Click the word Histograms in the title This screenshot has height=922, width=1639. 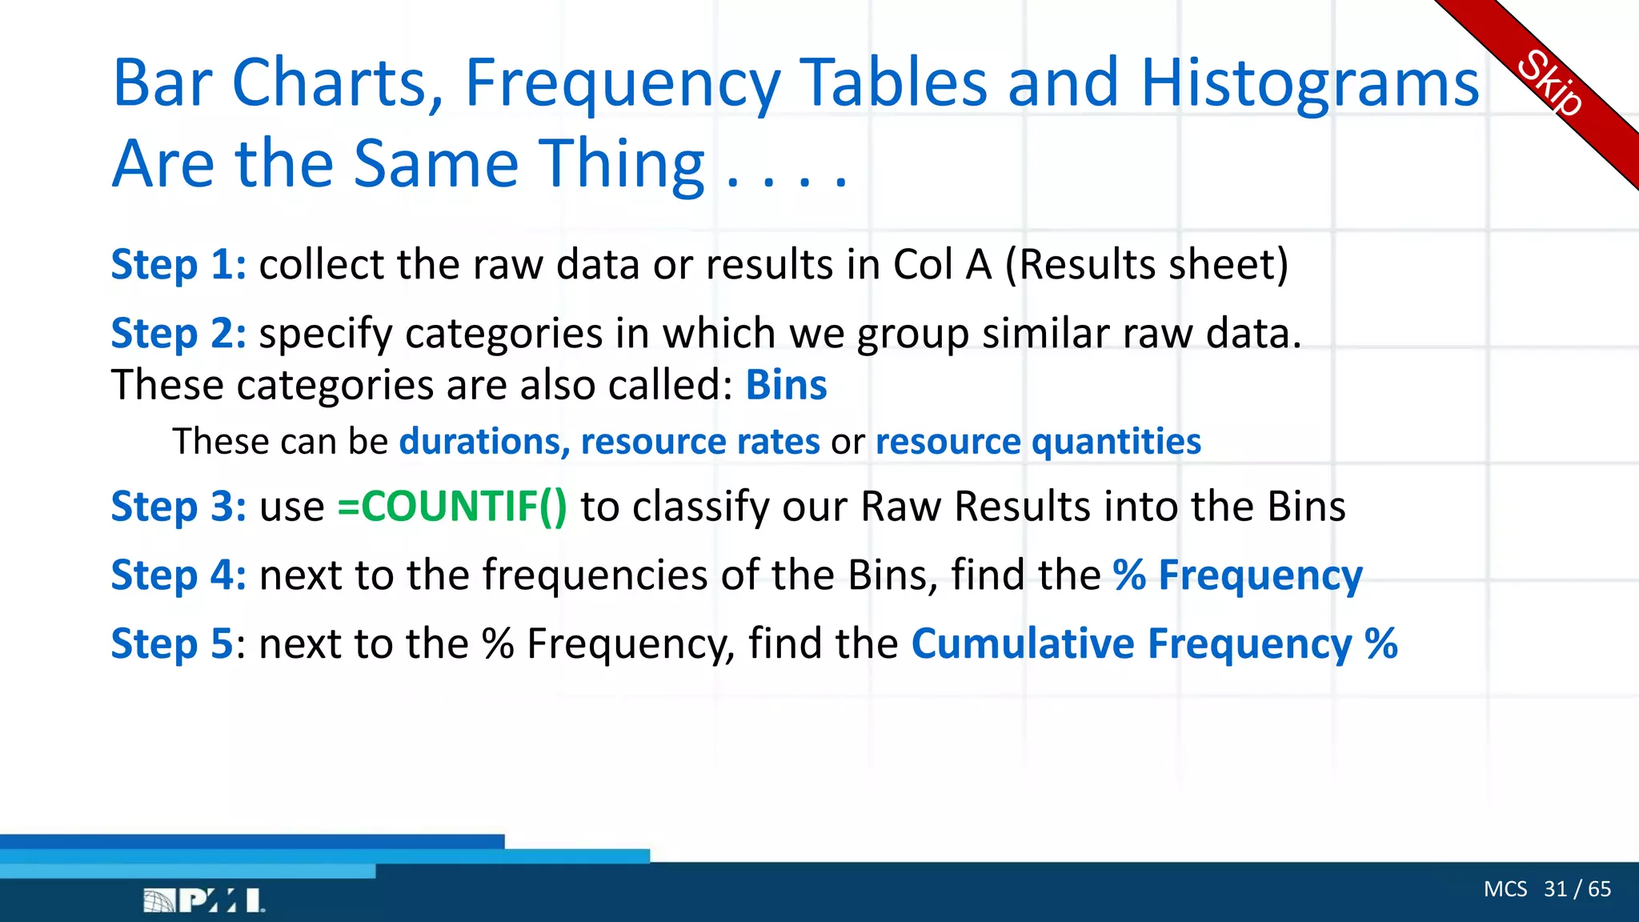[x=1309, y=83]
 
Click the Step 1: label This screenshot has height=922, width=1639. [x=178, y=265]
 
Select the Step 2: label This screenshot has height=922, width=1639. [x=178, y=334]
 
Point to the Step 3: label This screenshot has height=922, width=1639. [x=178, y=507]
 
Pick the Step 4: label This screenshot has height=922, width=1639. [x=178, y=575]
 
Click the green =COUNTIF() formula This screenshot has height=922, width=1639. [x=452, y=507]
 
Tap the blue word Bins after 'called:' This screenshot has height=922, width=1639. [x=786, y=386]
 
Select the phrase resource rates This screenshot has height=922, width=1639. [x=700, y=442]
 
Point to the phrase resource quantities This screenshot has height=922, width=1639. [x=1038, y=442]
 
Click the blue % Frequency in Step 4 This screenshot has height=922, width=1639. [x=1237, y=575]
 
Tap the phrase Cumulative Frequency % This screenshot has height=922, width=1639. [x=1154, y=644]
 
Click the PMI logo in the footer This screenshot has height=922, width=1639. [x=203, y=900]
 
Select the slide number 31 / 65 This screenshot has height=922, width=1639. [x=1577, y=889]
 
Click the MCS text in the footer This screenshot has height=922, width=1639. [x=1505, y=889]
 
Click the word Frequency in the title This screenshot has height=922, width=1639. [x=622, y=83]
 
